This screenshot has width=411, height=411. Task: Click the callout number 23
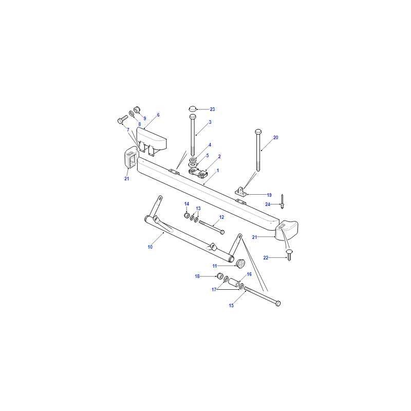click(x=212, y=109)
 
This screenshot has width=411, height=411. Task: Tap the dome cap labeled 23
click(x=193, y=108)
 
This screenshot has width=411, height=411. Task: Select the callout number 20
click(x=275, y=138)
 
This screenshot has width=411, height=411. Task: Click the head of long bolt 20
click(x=258, y=132)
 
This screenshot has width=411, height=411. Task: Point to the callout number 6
click(x=158, y=115)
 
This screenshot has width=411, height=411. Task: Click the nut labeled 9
click(x=137, y=109)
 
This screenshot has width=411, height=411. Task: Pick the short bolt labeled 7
click(x=123, y=119)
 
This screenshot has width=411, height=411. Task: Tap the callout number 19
click(x=269, y=195)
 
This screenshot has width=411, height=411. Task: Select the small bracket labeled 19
click(x=240, y=192)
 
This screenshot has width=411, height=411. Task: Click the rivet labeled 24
click(x=282, y=201)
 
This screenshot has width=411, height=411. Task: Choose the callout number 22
click(x=266, y=258)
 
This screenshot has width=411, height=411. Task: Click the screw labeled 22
click(x=289, y=255)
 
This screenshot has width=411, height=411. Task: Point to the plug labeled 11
click(x=240, y=263)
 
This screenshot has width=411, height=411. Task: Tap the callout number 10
click(x=150, y=247)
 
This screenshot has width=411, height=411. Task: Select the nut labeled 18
click(x=220, y=276)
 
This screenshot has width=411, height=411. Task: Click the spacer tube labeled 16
click(x=234, y=283)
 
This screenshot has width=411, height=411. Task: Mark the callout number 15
click(x=231, y=306)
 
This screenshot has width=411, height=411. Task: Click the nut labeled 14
click(x=187, y=215)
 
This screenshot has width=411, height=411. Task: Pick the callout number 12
click(x=221, y=217)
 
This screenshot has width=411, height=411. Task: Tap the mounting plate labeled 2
click(x=198, y=173)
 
